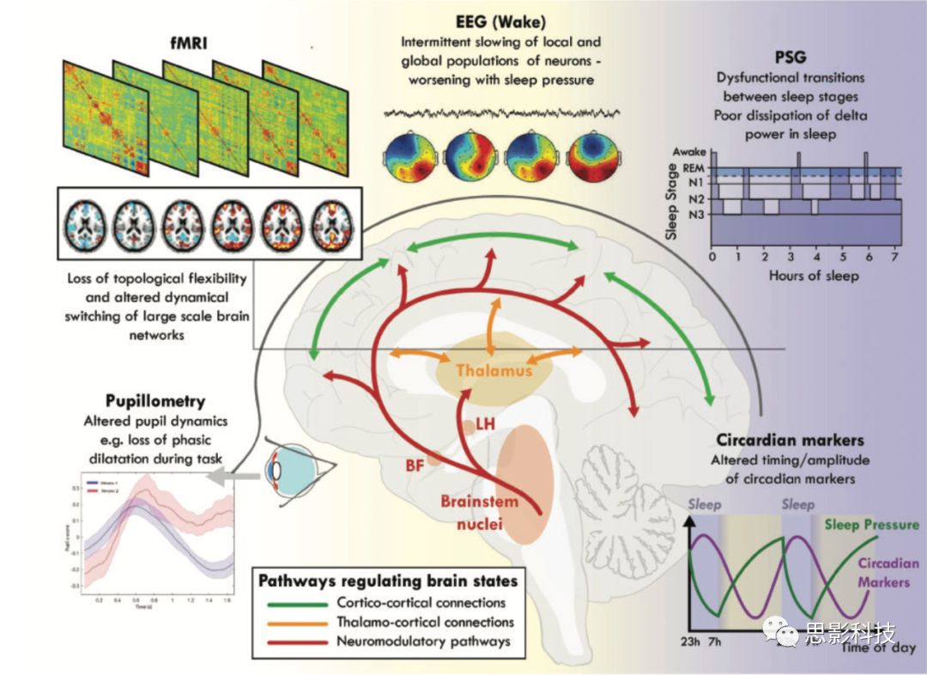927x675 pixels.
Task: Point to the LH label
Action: coord(485,423)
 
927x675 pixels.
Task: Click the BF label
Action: coord(415,465)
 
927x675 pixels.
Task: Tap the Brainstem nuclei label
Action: coord(470,510)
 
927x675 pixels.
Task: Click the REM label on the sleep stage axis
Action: coord(694,169)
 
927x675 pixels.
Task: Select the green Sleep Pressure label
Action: coord(870,524)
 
